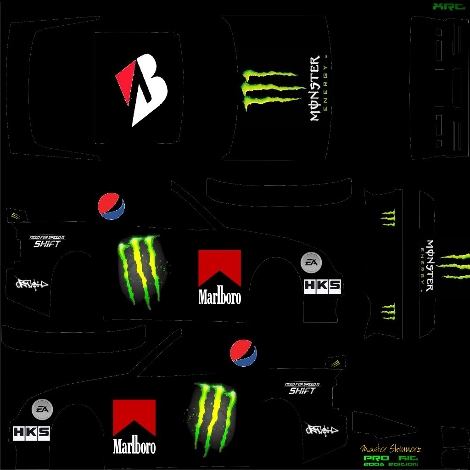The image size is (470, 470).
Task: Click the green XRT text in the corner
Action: tap(449, 7)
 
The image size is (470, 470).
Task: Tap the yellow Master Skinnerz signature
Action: tap(391, 448)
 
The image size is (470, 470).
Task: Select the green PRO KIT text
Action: tap(391, 458)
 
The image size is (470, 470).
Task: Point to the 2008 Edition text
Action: tap(391, 464)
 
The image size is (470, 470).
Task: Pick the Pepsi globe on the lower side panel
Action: tap(243, 353)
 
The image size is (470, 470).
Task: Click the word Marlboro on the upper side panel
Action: tap(219, 297)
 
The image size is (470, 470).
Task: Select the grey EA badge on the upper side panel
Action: tap(311, 262)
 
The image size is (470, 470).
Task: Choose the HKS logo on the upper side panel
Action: tap(322, 286)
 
